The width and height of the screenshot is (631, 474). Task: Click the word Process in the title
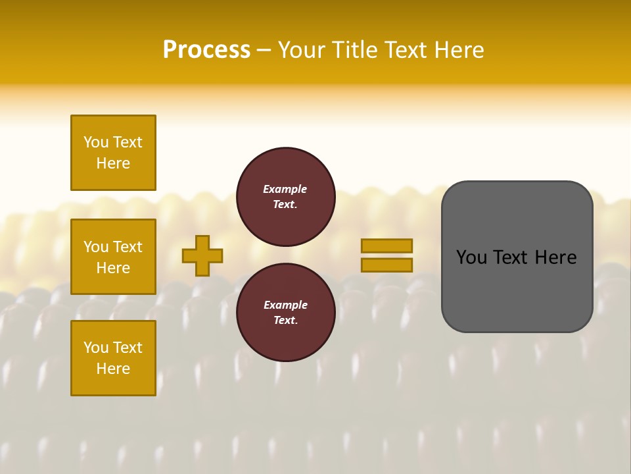206,50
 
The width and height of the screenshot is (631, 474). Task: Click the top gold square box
113,153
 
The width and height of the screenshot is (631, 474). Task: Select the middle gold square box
113,257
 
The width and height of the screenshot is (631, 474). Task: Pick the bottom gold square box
113,358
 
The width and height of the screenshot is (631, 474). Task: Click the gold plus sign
202,255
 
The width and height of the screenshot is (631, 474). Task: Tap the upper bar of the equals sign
386,246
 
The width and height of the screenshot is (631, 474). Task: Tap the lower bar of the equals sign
386,265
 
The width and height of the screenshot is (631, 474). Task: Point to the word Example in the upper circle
285,189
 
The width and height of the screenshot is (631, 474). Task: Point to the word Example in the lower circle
285,305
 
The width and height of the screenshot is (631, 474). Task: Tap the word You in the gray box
471,257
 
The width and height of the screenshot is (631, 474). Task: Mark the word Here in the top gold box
113,163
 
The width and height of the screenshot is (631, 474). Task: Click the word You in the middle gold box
97,247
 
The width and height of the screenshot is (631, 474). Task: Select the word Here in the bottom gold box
113,369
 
